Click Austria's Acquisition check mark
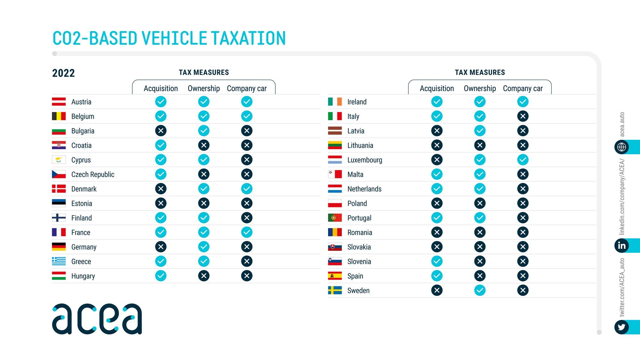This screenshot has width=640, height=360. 161,102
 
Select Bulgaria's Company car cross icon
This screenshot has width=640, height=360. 247,131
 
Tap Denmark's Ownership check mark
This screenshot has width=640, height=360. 204,189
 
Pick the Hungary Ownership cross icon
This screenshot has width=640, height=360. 204,276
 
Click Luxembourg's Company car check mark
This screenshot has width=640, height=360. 523,160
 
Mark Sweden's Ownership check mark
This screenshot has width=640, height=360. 480,290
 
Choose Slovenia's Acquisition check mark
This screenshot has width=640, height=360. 437,261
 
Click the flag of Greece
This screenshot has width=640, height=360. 59,261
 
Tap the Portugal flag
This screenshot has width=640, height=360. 335,218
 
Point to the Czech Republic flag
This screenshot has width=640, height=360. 59,174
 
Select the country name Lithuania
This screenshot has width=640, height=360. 360,146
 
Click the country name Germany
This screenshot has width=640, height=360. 84,247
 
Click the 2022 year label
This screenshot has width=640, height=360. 63,73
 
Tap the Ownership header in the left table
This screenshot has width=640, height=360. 204,88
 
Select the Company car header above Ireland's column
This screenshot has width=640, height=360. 523,88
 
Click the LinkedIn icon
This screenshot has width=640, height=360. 621,246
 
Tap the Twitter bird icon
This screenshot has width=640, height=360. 621,327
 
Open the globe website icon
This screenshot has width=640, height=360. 621,147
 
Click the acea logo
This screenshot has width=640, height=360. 97,319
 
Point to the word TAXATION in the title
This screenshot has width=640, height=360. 248,38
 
